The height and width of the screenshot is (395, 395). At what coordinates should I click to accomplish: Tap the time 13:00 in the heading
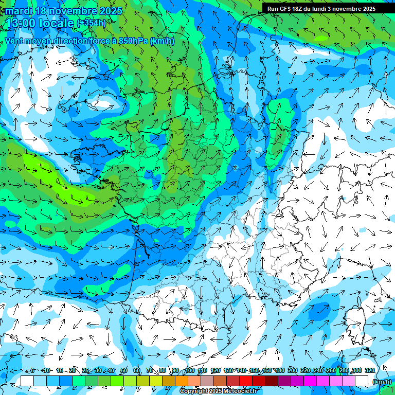point(20,23)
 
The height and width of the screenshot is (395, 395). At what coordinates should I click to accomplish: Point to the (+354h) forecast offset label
point(91,23)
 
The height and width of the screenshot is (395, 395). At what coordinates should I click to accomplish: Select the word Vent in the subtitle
point(15,41)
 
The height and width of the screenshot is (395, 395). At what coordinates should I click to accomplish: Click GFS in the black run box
point(286,9)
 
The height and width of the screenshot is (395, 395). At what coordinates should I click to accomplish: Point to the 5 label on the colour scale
point(32,371)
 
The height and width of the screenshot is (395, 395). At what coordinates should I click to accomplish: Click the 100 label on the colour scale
point(190,371)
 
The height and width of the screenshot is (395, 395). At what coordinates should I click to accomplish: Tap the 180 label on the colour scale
point(280,371)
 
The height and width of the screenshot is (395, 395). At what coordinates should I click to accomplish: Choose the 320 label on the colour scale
point(370,371)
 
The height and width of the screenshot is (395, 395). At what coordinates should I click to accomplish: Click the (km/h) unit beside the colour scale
point(382,382)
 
